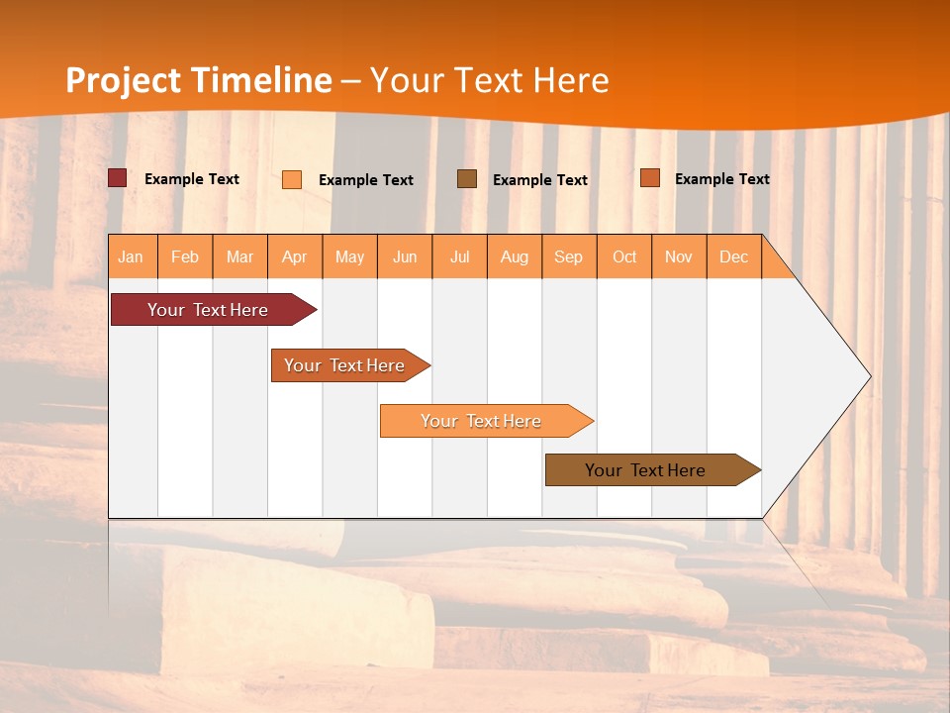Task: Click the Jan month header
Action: point(132,257)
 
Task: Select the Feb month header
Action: point(185,257)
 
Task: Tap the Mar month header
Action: point(239,257)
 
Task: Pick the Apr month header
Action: point(295,257)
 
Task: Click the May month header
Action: point(349,257)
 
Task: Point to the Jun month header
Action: point(405,257)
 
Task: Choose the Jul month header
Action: point(459,257)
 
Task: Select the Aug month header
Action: point(515,257)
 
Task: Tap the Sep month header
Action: point(569,257)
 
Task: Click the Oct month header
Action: point(624,257)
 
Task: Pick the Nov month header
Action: point(679,257)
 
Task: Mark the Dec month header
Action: point(734,257)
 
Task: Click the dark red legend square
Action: point(118,178)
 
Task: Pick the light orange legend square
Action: point(292,179)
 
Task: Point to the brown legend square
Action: point(467,179)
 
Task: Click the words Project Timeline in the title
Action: point(198,80)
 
